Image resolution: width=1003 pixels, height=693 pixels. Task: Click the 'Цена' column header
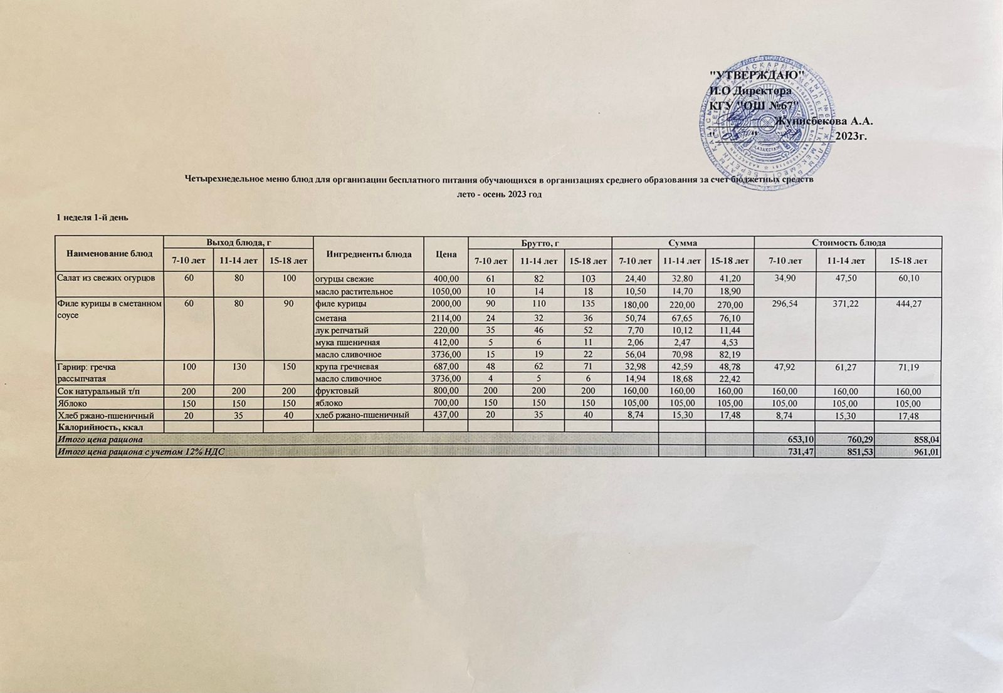446,254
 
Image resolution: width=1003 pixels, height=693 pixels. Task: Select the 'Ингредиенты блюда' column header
369,254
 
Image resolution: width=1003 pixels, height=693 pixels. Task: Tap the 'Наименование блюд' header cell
109,254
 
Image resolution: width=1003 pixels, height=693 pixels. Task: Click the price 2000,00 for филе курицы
446,304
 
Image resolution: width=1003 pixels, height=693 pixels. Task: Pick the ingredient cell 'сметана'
332,318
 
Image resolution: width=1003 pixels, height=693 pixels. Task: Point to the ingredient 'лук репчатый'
341,330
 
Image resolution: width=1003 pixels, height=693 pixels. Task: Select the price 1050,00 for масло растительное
446,291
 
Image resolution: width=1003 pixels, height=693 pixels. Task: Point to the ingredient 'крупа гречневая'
346,367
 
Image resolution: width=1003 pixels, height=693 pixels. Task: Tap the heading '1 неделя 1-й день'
93,217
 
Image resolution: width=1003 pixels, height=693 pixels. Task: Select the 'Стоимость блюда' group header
848,242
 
